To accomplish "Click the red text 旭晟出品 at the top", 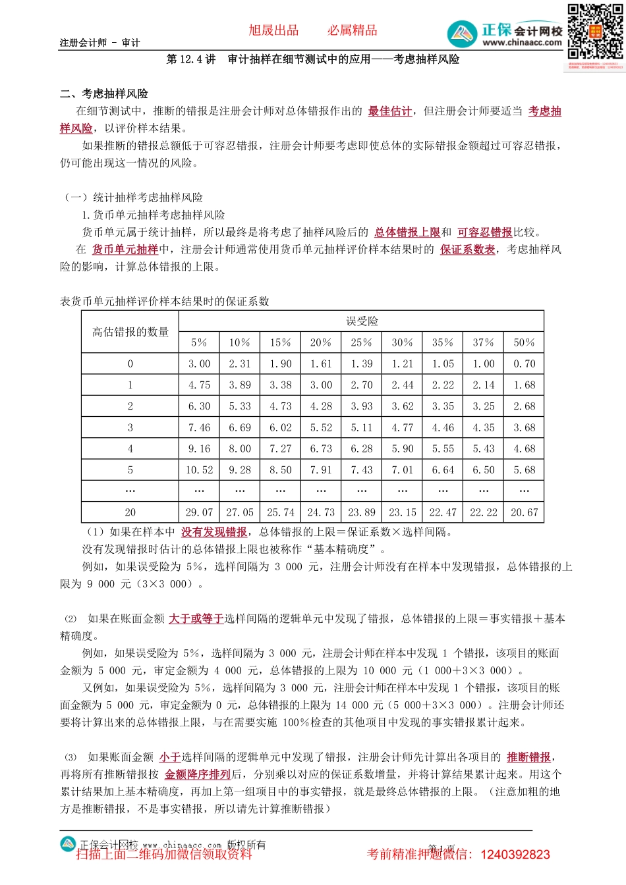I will (273, 30).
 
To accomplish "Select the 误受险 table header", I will (362, 321).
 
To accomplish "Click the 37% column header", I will (484, 342).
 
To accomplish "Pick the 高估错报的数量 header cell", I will (130, 332).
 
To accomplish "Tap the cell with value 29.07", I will (199, 512).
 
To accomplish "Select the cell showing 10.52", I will (199, 470).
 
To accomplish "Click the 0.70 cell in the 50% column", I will (525, 363).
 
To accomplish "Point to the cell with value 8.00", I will (240, 449).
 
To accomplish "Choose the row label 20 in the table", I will (130, 512).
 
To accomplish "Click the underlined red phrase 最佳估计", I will (390, 111).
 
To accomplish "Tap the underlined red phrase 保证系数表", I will (467, 250).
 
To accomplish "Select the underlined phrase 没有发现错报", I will (214, 532).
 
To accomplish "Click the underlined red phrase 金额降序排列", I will (197, 774).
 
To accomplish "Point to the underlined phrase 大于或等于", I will (196, 619).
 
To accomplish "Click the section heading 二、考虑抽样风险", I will (104, 94).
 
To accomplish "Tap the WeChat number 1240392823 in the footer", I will (515, 855).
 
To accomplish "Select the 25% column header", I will (362, 342).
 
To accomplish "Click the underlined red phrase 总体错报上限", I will (407, 232).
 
